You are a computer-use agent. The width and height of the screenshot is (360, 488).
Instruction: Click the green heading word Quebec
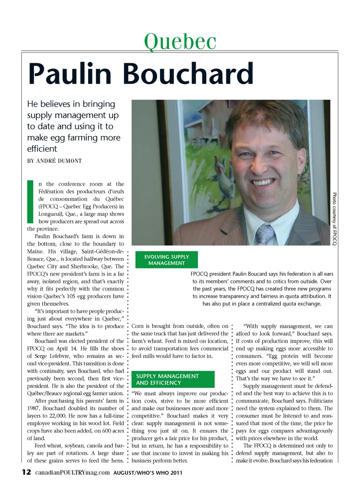180,41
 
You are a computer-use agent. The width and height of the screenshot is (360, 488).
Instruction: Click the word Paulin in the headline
70,74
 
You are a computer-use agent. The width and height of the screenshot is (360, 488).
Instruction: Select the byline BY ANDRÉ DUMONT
54,161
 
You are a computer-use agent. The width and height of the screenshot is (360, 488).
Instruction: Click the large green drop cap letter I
30,202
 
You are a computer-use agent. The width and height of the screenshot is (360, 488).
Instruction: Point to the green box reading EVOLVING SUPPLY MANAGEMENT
166,260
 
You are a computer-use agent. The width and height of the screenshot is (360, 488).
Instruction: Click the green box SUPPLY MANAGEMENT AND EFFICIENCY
173,379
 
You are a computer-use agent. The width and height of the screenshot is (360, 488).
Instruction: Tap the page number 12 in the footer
26,472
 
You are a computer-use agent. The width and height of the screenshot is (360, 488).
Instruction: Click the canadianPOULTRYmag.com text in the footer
72,472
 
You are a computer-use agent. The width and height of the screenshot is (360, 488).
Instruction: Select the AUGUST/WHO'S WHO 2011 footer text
148,473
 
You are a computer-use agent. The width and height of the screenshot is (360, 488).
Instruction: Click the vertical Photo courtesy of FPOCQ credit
334,219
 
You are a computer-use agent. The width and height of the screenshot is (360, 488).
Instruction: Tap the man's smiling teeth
264,182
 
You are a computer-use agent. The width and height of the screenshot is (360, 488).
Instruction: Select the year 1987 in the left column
33,408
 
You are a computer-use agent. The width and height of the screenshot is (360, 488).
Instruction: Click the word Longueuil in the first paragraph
51,214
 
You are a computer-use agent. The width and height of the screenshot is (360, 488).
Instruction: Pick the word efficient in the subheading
42,149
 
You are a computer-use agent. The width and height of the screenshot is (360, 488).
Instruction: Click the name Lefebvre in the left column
60,356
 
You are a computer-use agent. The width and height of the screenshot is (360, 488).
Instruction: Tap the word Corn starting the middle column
138,326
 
